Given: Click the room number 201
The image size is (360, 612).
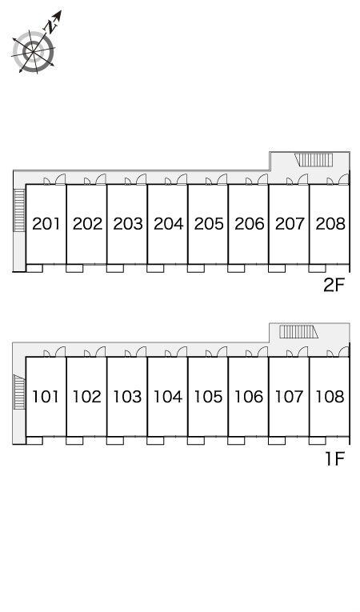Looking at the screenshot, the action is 46,224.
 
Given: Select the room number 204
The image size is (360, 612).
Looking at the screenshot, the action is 168,224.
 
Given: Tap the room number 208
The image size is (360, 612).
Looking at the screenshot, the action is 330,224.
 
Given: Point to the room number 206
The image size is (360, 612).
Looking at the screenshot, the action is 250,224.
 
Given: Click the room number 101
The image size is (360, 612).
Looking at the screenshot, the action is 46,397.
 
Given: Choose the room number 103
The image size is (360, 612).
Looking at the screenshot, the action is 127,397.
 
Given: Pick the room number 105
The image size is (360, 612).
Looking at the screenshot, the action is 209,397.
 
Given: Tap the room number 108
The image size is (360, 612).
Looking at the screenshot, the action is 330,397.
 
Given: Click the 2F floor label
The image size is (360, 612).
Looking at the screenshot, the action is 334,286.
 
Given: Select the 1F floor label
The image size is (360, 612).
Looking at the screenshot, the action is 334,459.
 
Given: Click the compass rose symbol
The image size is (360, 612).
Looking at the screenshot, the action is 34,51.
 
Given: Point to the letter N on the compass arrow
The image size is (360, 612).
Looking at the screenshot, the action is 50,26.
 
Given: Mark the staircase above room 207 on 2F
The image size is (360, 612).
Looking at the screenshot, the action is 314,160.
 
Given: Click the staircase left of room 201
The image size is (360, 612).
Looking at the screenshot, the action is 18,210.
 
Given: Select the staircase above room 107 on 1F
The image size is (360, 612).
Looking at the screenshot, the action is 298,332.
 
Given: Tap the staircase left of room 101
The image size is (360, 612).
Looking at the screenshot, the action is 18,391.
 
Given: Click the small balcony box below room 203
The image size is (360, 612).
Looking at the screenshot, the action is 114,268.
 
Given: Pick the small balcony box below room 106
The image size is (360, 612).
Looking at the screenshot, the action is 236,440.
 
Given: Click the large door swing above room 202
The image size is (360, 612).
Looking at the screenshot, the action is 101,178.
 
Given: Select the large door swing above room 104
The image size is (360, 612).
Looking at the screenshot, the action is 182,352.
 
